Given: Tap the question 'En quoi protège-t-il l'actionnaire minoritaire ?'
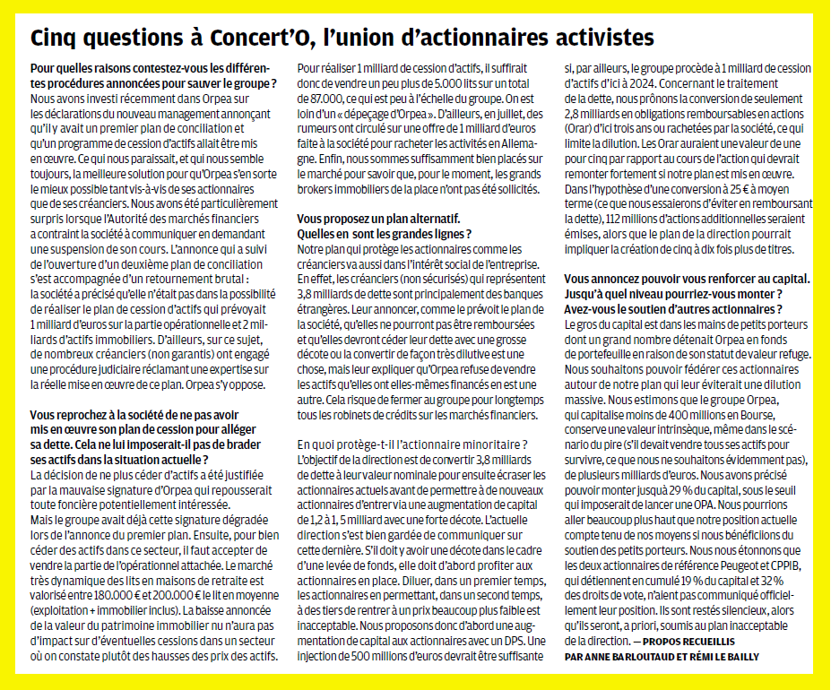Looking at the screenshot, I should click(x=412, y=445).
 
